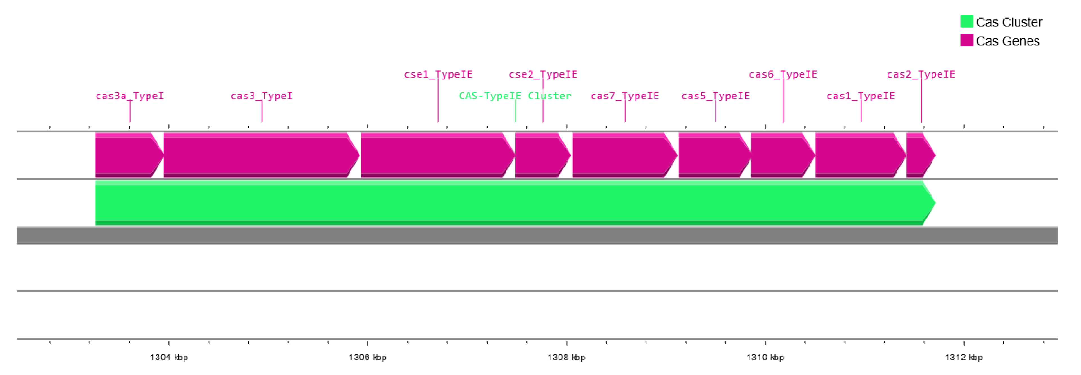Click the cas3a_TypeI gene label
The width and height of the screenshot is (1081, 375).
point(130,96)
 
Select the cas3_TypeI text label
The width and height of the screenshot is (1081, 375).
point(262,96)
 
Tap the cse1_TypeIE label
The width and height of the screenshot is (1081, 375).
point(438,75)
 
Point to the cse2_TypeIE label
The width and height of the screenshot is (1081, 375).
point(543,75)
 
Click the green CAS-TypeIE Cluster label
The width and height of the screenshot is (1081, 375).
point(515,96)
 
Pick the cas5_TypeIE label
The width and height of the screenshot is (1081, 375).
point(716,96)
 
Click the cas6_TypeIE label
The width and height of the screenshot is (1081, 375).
point(783,75)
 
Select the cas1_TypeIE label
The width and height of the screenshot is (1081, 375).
point(861,96)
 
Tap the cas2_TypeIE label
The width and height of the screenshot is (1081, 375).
point(921,75)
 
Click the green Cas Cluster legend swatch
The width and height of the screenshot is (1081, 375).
point(966,21)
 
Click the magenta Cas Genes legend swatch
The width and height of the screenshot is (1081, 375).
point(966,40)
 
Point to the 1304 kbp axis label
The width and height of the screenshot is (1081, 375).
point(169,357)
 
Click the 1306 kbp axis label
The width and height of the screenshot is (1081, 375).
point(368,357)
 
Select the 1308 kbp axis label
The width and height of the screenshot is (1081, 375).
point(566,357)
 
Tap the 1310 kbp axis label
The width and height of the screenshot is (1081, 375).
point(765,357)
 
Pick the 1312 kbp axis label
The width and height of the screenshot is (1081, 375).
point(964,357)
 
